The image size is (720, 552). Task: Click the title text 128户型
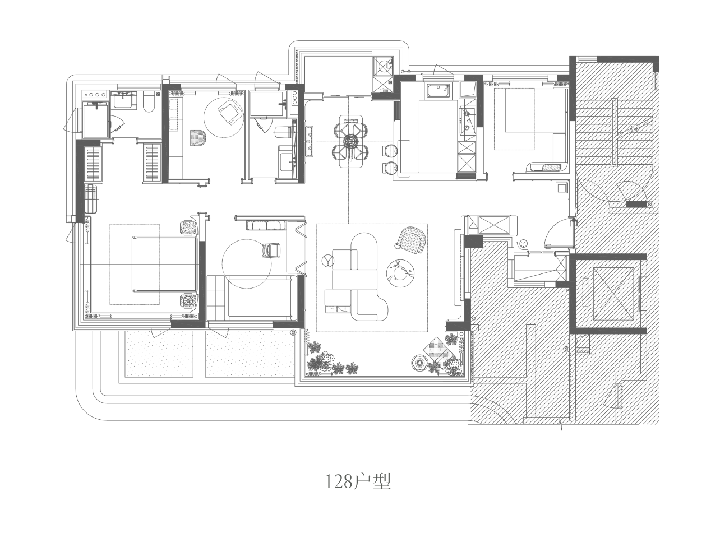(358, 482)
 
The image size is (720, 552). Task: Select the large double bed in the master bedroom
(164, 264)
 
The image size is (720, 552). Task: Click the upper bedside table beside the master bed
(188, 228)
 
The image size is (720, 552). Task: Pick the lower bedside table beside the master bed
(188, 301)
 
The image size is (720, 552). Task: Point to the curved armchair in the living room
(411, 240)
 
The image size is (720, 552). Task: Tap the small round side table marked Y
(328, 260)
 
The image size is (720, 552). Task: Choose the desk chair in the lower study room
(271, 250)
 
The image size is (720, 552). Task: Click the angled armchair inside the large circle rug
(229, 112)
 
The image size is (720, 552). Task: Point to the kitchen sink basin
(438, 92)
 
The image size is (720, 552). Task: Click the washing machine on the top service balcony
(382, 66)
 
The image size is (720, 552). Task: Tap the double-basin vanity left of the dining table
(310, 141)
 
